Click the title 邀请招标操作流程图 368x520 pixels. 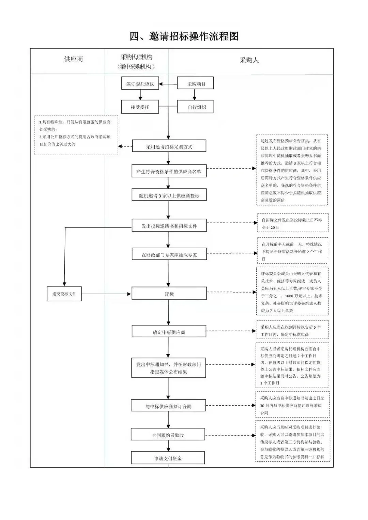184,36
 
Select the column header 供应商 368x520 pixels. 73,59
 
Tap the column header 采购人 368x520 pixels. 249,60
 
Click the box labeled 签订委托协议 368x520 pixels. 140,84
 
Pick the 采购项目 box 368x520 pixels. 195,84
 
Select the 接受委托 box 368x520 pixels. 140,107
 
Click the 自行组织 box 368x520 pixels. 195,107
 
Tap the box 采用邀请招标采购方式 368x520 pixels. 169,147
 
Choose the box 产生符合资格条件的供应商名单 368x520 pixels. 169,172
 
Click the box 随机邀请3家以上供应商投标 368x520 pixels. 169,196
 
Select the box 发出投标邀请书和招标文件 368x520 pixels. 169,226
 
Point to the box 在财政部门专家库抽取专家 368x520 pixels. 169,254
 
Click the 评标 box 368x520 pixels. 169,294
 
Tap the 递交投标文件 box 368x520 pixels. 64,294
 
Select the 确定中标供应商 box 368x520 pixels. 169,332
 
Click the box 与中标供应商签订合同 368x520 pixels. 168,406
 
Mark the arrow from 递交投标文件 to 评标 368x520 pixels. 106,294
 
